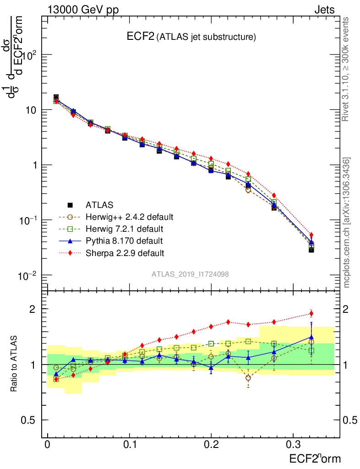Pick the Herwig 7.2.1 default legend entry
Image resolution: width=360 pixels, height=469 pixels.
[124, 229]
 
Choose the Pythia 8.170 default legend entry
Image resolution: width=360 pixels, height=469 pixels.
[124, 240]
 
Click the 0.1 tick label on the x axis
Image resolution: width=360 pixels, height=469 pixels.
[129, 445]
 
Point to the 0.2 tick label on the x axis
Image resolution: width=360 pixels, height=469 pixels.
[211, 445]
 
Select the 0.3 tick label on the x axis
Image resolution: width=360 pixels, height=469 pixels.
[293, 445]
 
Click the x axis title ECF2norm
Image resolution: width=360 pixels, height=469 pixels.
[315, 458]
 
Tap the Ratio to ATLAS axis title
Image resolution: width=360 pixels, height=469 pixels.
[15, 364]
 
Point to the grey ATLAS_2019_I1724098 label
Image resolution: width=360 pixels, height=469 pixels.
[191, 274]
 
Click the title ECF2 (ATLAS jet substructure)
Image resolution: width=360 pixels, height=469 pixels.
[191, 37]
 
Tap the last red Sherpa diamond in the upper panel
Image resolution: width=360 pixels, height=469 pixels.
[311, 235]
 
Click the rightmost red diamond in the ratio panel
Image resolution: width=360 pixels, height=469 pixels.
[311, 314]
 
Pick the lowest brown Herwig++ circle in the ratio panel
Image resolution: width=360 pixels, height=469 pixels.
[248, 378]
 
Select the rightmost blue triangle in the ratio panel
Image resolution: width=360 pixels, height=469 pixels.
[311, 338]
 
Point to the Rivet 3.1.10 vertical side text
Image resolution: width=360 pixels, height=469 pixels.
[346, 69]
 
